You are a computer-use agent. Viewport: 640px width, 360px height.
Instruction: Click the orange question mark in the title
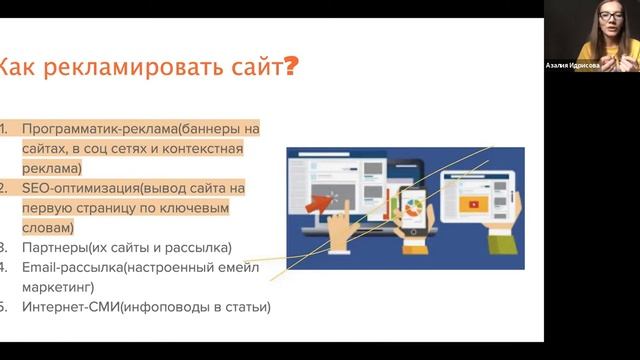pyautogui.click(x=291, y=68)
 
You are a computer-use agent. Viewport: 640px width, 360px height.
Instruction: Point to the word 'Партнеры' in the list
pyautogui.click(x=52, y=247)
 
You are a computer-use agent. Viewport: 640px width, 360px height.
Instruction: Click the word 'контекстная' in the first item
pyautogui.click(x=204, y=149)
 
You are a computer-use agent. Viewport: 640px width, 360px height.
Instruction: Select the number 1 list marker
pyautogui.click(x=3, y=129)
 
